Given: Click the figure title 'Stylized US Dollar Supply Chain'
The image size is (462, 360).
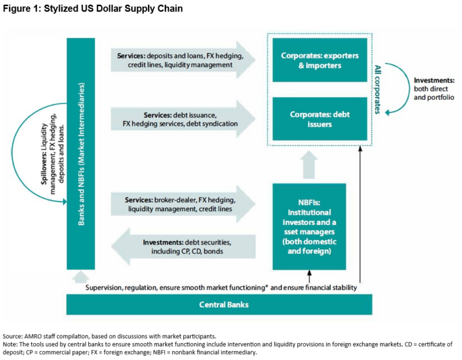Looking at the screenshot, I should [112, 9].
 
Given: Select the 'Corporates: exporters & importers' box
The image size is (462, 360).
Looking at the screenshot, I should [319, 60].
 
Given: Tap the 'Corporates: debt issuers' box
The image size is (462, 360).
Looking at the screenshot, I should [319, 119].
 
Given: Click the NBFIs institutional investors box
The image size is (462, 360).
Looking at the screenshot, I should [310, 226].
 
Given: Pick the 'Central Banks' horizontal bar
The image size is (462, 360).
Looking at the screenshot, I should [224, 305].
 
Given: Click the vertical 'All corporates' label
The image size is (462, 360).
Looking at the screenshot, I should [378, 90].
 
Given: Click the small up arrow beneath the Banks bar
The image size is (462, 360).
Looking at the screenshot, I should [80, 276].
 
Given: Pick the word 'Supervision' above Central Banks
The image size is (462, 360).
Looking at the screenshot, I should [106, 288].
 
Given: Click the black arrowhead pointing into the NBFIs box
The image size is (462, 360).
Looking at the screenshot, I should [309, 274].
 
